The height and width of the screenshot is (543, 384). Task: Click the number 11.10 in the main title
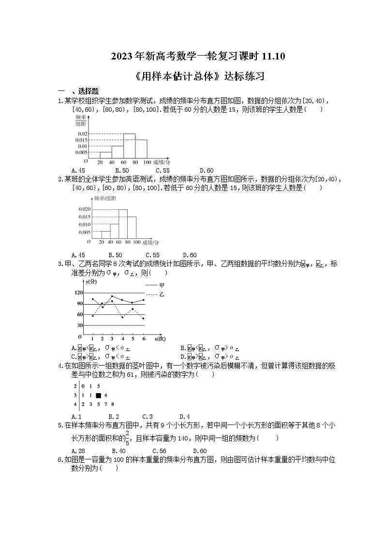(x=273, y=57)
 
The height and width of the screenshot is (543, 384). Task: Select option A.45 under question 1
(x=78, y=170)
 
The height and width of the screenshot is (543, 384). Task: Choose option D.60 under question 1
(x=207, y=170)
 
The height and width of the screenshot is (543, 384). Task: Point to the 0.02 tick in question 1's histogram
(x=82, y=134)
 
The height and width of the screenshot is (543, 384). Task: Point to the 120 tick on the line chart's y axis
(x=78, y=293)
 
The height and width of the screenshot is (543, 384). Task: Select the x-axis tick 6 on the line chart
(x=143, y=339)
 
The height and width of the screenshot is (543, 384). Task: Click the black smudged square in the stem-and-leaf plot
(x=98, y=395)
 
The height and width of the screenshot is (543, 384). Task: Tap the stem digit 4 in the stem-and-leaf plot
(x=75, y=404)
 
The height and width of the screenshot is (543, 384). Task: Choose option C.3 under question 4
(x=148, y=416)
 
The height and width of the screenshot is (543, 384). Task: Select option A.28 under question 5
(x=78, y=451)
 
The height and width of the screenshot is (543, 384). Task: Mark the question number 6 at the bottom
(x=59, y=460)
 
